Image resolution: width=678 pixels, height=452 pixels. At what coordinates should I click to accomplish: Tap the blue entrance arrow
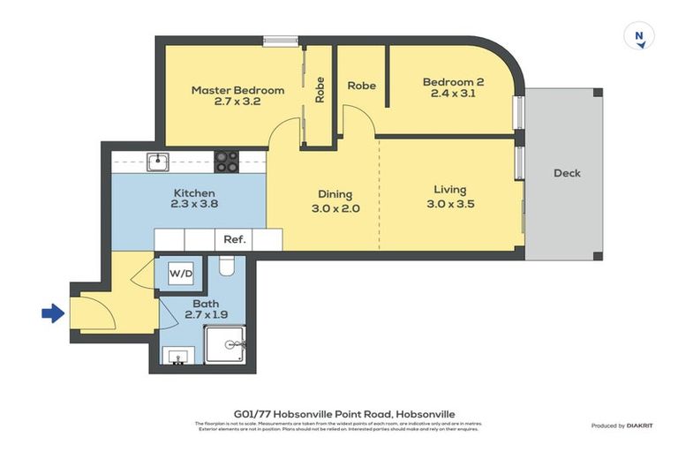tap(53, 313)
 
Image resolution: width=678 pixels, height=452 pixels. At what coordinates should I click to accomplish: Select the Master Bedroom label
tap(237, 90)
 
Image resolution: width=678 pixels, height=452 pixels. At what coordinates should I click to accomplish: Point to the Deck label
tap(567, 173)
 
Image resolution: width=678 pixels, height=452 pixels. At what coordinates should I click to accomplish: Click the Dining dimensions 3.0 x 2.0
tap(335, 209)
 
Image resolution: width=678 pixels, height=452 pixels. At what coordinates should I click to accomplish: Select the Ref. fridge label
tap(234, 239)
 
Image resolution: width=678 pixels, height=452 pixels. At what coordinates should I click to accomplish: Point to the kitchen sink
tap(157, 161)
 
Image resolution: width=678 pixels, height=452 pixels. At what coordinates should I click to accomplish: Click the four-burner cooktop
tap(227, 161)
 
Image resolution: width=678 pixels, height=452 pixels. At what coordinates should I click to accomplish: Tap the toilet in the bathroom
tap(225, 265)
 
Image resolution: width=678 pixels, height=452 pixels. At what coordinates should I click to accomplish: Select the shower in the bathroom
tap(224, 345)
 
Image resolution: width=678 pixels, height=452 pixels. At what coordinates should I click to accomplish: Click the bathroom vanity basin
tap(178, 356)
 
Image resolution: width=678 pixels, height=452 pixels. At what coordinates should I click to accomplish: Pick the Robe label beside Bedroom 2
tap(361, 86)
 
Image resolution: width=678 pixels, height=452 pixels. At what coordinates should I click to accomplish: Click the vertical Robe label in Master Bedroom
tap(320, 89)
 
